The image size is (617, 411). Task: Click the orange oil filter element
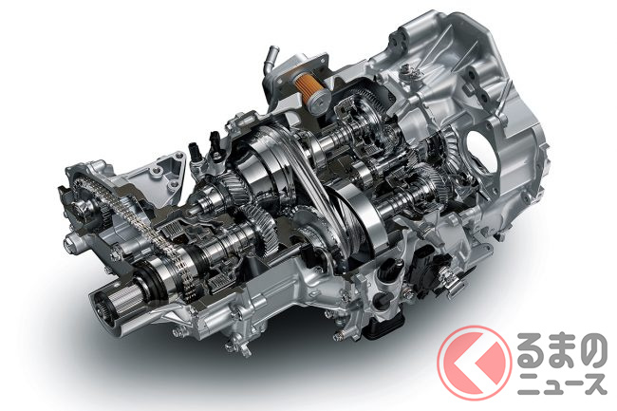(304, 85)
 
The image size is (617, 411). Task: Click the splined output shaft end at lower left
(107, 307)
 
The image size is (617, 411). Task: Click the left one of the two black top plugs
(196, 153)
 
